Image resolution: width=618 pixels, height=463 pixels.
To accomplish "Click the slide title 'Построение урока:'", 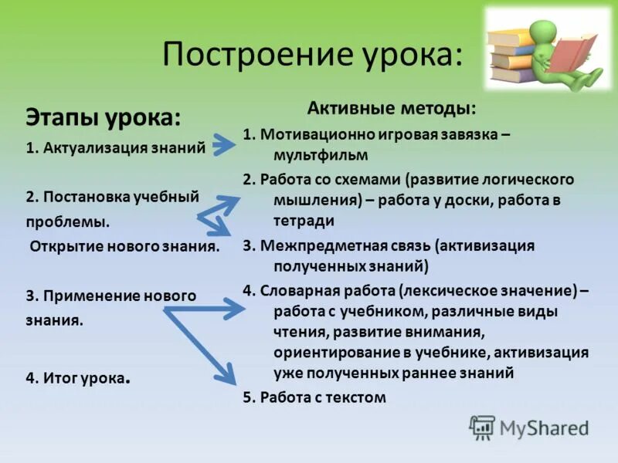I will click(x=314, y=56).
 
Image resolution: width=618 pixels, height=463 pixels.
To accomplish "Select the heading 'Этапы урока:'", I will click(x=104, y=118).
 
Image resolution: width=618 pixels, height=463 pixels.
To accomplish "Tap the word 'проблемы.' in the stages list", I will click(x=67, y=221).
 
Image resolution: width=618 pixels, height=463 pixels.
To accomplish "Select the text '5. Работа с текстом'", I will click(x=314, y=397).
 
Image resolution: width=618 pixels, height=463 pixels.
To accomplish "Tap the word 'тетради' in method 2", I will click(x=304, y=221).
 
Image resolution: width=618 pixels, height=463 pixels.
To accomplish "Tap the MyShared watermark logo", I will click(x=528, y=427).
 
